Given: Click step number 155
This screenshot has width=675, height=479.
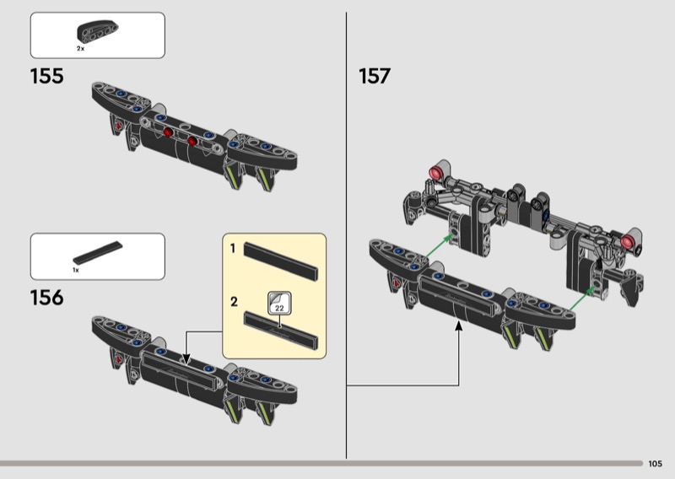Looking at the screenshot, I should [x=46, y=76].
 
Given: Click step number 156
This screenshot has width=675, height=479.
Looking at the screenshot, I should [x=46, y=298].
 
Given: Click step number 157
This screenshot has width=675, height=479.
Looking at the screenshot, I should [x=375, y=76].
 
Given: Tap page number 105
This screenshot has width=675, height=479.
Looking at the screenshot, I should [x=656, y=464].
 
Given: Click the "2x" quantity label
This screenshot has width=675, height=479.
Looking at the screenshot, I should [x=80, y=50].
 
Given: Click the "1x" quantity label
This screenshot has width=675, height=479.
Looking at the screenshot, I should [x=75, y=270].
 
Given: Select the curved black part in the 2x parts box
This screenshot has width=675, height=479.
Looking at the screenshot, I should [x=94, y=33].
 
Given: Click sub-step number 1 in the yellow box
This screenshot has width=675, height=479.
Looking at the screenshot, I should [x=233, y=250].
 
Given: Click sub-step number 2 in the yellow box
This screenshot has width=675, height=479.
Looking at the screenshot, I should [x=233, y=300].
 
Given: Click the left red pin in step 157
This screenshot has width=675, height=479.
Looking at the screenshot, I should [x=437, y=173].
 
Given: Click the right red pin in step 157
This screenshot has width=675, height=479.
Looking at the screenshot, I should [x=628, y=244].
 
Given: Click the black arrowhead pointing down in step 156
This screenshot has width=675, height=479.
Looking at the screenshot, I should [x=186, y=358].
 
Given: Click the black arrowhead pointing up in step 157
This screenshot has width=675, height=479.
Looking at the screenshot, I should [x=460, y=328].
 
